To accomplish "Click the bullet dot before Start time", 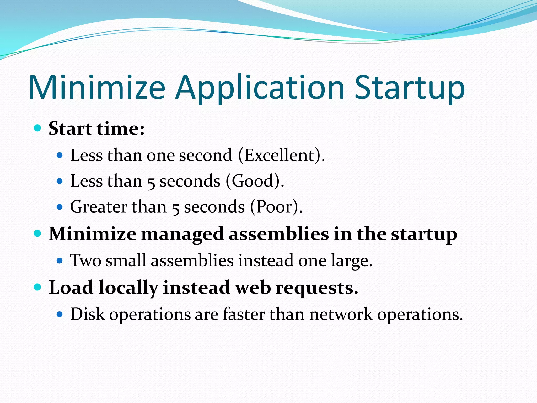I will pos(38,128).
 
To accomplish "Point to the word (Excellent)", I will pos(282,155).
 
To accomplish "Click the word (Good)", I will pos(255,181).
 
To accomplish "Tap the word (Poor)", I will pos(276,207).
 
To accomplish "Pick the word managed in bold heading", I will pos(182,234).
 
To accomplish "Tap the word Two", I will pos(85,261).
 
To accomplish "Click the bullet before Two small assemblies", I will pos(60,261).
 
